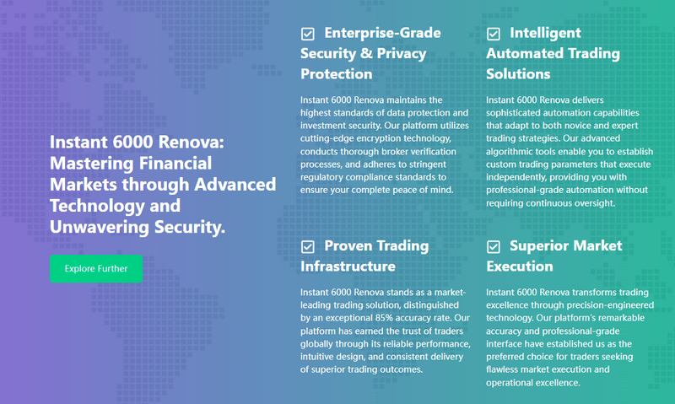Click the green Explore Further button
(96, 268)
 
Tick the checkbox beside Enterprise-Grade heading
(308, 34)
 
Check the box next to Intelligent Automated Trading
(494, 34)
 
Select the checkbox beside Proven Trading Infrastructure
(308, 246)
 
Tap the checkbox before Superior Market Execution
(494, 246)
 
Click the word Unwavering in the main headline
(100, 227)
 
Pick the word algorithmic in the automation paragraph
(510, 152)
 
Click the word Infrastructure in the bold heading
(348, 267)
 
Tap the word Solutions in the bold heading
(518, 74)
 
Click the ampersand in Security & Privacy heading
(366, 53)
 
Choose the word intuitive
(316, 357)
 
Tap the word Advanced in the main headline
(235, 185)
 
